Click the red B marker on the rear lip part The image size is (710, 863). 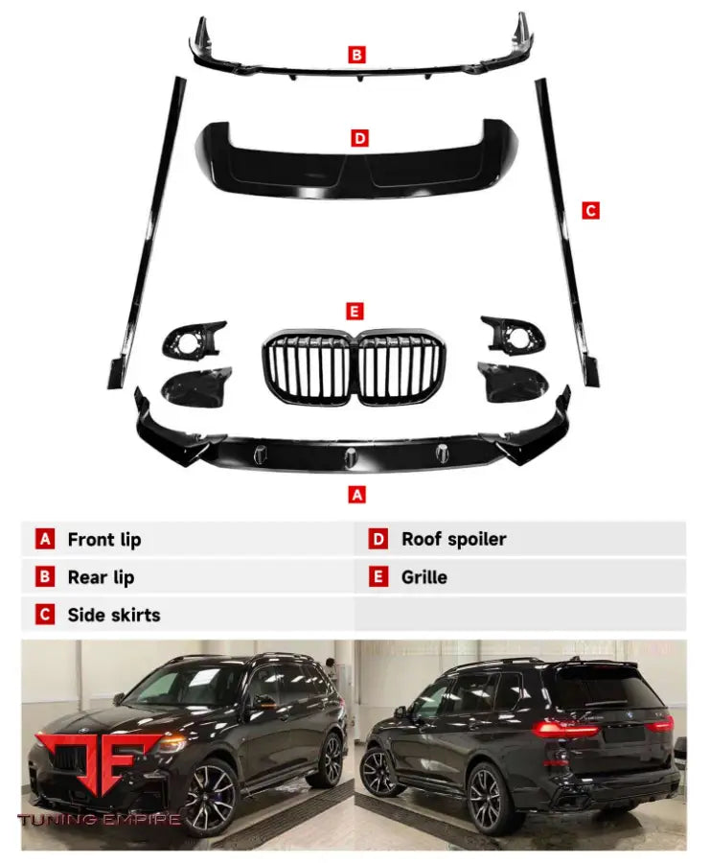click(356, 56)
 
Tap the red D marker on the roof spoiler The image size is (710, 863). click(359, 139)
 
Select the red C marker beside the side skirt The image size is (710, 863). click(590, 210)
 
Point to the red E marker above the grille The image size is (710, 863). click(355, 311)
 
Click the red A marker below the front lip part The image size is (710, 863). click(357, 495)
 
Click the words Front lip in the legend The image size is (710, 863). click(103, 539)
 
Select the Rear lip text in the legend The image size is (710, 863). click(101, 577)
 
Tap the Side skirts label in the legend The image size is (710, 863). click(114, 615)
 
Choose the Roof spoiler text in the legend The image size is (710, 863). click(453, 539)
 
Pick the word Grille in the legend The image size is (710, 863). click(424, 577)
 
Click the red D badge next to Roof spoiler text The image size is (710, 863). click(379, 539)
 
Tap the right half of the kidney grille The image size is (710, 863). click(399, 370)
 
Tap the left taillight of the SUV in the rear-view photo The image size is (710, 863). click(564, 728)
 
